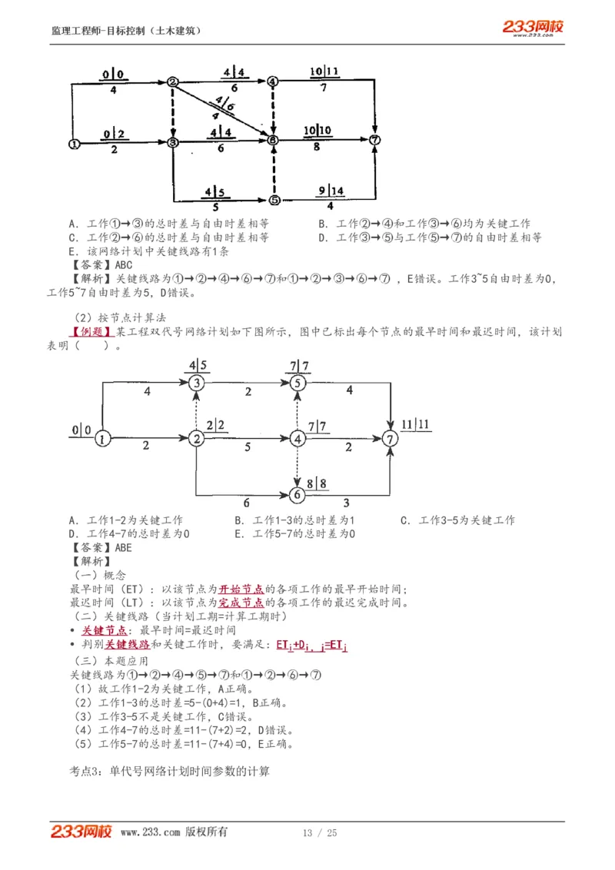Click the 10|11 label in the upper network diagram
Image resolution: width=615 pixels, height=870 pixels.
point(324,72)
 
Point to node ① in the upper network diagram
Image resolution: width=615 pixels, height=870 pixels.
point(74,142)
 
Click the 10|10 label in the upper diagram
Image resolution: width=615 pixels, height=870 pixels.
point(317,131)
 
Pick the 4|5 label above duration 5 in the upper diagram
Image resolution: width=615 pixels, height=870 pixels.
point(215,192)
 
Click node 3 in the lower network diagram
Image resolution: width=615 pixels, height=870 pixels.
point(198,383)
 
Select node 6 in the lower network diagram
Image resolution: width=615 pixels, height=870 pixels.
point(298,494)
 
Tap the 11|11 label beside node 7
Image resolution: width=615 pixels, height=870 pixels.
point(414,424)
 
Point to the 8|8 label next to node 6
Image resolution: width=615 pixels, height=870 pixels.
point(317,483)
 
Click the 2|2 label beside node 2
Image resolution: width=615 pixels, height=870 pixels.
point(217,424)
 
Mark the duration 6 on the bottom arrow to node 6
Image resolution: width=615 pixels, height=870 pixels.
point(246,503)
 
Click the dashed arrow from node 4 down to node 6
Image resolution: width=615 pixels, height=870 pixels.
point(298,466)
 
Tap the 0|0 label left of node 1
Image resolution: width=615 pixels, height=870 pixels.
point(81,430)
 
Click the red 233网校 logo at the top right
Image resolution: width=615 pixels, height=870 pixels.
point(533,28)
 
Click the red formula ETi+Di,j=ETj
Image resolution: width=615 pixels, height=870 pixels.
point(311,646)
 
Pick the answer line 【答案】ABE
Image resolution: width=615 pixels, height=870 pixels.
point(100,548)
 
